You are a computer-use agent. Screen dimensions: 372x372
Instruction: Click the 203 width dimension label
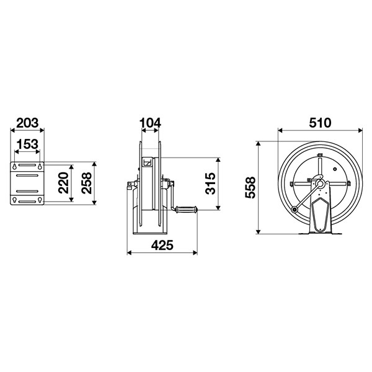coord(27,123)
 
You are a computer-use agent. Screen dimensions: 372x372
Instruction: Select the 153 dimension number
coord(27,144)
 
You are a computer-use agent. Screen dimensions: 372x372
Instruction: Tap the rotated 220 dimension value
coord(63,183)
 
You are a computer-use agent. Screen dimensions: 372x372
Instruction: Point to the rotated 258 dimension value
coord(86,183)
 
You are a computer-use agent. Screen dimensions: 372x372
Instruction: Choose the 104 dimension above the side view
coord(150,123)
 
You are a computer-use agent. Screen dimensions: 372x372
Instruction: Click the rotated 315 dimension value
coord(210,184)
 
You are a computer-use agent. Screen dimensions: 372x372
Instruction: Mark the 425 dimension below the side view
coord(162,245)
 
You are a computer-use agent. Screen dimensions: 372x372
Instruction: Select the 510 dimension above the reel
coord(320,123)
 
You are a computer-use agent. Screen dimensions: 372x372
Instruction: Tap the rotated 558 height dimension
coord(250,187)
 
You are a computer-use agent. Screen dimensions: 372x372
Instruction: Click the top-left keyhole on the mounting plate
coord(15,166)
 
